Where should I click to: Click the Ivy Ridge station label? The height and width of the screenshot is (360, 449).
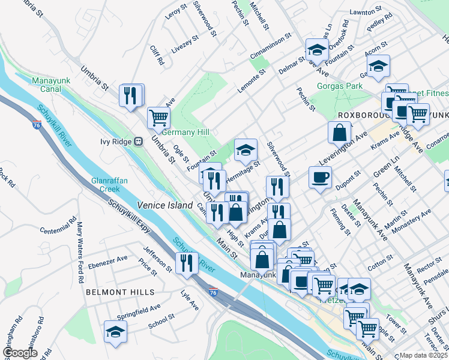coord(115,142)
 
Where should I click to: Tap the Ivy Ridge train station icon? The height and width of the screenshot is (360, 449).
coord(139,142)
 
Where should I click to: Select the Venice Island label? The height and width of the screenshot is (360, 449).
coord(164,205)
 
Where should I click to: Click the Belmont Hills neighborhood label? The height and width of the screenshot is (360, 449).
coord(120,292)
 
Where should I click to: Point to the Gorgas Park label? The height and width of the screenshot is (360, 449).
coord(342,86)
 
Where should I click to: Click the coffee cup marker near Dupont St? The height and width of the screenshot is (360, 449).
coord(320,177)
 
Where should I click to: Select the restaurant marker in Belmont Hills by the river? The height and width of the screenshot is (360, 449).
coord(186,263)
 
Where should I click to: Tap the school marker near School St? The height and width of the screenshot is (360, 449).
coord(115,331)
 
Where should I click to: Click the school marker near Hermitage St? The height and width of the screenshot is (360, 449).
coord(246,150)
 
